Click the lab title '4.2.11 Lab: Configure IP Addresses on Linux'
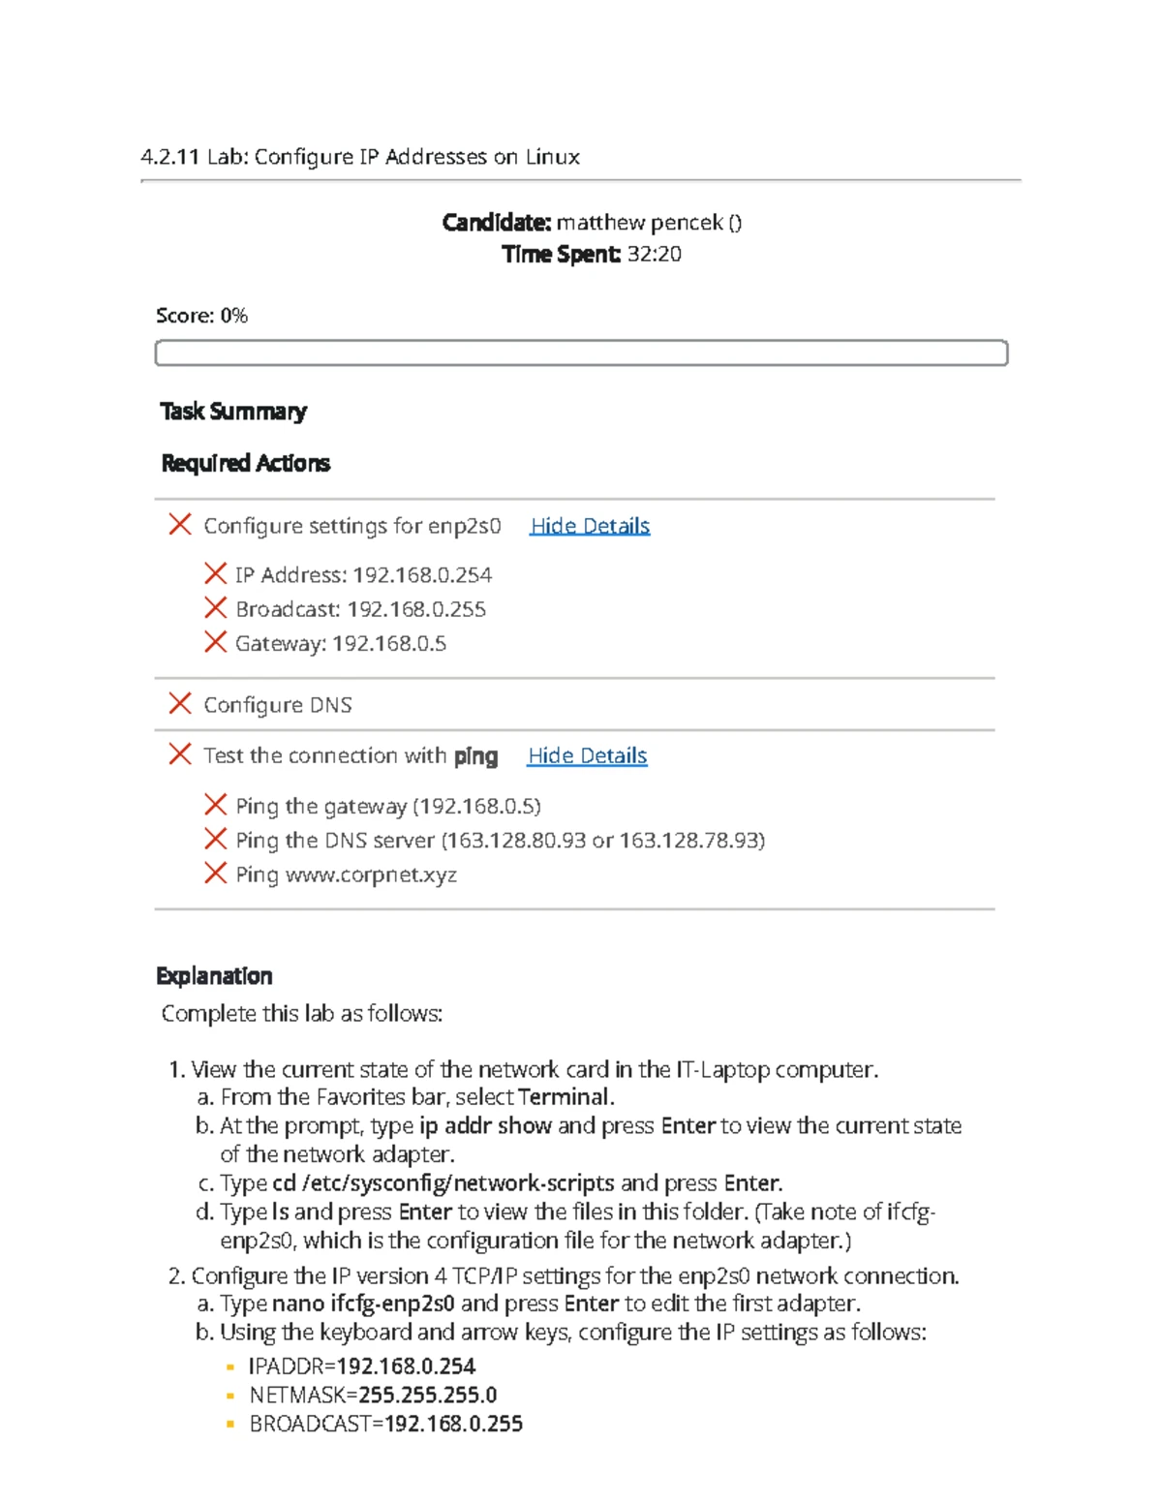359,157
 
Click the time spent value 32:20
654,254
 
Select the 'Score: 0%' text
201,316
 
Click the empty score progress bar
581,353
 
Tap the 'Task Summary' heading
233,412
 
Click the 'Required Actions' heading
245,463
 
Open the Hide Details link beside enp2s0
590,526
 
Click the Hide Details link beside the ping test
587,755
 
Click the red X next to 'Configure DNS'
180,704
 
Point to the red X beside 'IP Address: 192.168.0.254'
215,574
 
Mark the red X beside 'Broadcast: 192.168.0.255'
215,608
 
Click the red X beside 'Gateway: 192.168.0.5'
215,643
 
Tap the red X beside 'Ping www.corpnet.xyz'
215,874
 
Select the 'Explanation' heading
214,975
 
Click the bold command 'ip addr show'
485,1125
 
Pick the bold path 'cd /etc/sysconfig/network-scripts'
443,1182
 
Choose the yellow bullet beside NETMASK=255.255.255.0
229,1396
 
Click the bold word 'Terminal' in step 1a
565,1097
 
